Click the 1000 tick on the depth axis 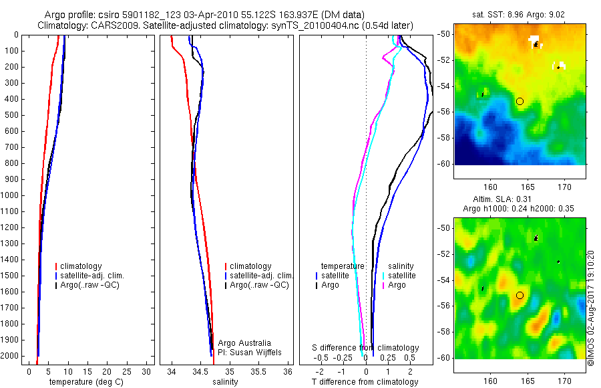pyautogui.click(x=12, y=195)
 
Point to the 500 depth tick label pyautogui.click(x=12, y=115)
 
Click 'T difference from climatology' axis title pyautogui.click(x=365, y=382)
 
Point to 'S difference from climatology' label pyautogui.click(x=366, y=348)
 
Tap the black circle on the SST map pyautogui.click(x=520, y=101)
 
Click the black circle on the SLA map pyautogui.click(x=520, y=295)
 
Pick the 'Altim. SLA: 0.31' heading pyautogui.click(x=520, y=200)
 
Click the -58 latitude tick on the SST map pyautogui.click(x=443, y=138)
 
